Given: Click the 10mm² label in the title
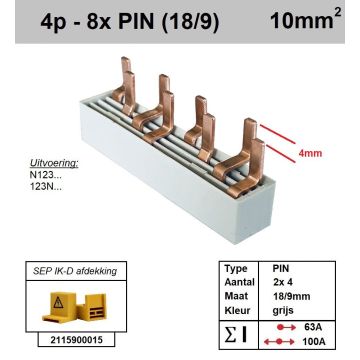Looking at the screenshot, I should pos(306,22).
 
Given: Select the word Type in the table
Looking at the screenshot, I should pos(235,269).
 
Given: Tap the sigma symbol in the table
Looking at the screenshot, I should pos(233,334).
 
